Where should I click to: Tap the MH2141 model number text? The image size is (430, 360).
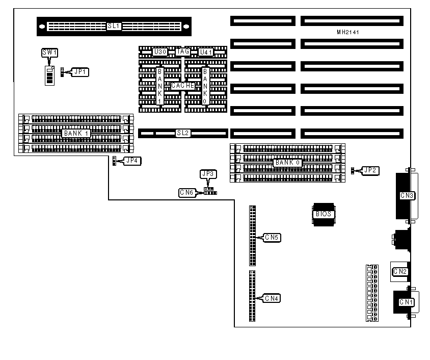[x=348, y=32]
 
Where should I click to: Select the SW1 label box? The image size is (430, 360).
[x=49, y=53]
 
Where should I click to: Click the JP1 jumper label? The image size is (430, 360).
[x=80, y=72]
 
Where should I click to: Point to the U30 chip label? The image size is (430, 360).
[x=160, y=52]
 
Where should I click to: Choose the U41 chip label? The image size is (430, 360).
[x=205, y=52]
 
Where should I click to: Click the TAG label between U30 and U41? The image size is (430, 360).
[x=182, y=52]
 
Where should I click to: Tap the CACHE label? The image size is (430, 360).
[x=182, y=86]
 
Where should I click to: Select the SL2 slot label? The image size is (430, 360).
[x=182, y=133]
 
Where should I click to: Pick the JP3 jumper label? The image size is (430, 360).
[x=208, y=174]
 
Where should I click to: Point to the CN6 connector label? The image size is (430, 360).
[x=186, y=193]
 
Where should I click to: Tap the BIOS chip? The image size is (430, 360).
[x=323, y=214]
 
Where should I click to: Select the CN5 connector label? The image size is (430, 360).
[x=273, y=238]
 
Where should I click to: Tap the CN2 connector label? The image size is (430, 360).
[x=400, y=271]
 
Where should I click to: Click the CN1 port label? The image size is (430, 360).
[x=406, y=302]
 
